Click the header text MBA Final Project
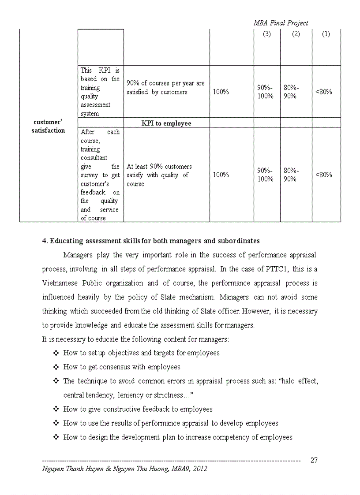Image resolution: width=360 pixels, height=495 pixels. (x=281, y=23)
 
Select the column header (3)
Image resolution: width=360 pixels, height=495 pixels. (x=266, y=34)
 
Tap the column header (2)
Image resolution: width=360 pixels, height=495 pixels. (x=296, y=34)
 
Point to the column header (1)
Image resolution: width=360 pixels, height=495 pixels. (x=326, y=34)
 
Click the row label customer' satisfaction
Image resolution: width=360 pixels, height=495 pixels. (x=48, y=126)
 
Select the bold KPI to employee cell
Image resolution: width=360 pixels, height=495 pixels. (x=166, y=123)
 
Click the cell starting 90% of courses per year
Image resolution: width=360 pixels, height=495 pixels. (x=165, y=88)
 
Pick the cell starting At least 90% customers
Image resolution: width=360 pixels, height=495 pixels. (x=159, y=175)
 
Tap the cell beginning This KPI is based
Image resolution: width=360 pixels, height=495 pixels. (x=100, y=92)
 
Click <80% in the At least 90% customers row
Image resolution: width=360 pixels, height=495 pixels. (x=324, y=175)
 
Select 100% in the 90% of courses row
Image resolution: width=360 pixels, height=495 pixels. (x=221, y=92)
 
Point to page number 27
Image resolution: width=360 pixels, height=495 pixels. (x=314, y=460)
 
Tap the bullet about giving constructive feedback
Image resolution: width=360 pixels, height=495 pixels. (x=138, y=409)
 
